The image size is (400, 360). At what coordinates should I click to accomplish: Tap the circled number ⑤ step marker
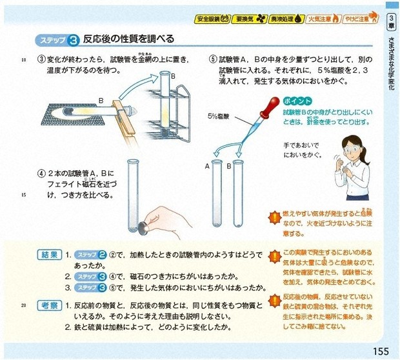click(213, 59)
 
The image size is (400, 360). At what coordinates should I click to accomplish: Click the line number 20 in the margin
click(23, 305)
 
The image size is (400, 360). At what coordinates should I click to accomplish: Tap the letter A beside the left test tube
click(208, 166)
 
